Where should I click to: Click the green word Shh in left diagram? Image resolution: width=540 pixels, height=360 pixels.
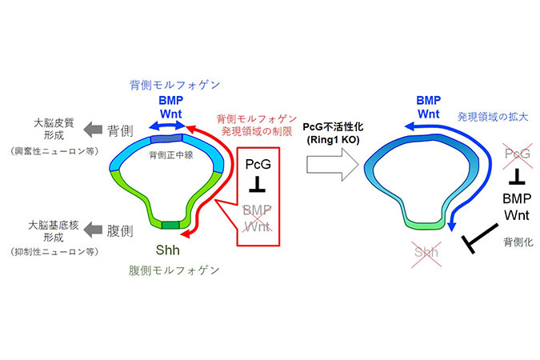[x=167, y=250]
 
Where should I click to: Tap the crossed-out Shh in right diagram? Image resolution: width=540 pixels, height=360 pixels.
[x=426, y=253]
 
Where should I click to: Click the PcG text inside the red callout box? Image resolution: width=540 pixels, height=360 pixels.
[x=258, y=164]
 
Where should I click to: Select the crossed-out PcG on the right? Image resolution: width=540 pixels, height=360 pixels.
[x=518, y=154]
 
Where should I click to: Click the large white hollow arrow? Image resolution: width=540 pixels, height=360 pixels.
[x=332, y=165]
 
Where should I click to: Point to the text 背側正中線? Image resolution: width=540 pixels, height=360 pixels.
[x=171, y=155]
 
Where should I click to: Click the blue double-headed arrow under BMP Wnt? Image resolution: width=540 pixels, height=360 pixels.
[x=167, y=126]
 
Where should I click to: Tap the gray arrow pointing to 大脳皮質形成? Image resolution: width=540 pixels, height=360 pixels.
[x=93, y=130]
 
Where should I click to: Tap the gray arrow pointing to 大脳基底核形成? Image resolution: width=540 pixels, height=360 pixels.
[x=93, y=230]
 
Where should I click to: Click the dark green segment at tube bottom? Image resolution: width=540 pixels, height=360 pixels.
[x=170, y=226]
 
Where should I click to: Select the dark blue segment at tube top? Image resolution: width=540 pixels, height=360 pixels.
[x=166, y=138]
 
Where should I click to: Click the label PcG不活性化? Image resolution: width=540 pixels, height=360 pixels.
[x=333, y=127]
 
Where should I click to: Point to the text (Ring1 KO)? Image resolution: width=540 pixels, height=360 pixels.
[x=333, y=139]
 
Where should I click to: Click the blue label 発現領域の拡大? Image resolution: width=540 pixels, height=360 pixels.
[x=493, y=117]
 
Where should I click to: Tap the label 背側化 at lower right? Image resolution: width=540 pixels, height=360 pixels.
[x=518, y=242]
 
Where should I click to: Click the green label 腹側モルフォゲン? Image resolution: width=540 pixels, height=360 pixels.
[x=174, y=270]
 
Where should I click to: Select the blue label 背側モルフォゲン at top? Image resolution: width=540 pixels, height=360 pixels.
[x=175, y=85]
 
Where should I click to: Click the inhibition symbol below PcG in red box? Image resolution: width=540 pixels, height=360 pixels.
[x=258, y=185]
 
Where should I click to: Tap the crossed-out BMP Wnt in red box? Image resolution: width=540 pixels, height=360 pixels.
[x=258, y=218]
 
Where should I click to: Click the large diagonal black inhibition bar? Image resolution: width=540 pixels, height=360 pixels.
[x=480, y=238]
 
